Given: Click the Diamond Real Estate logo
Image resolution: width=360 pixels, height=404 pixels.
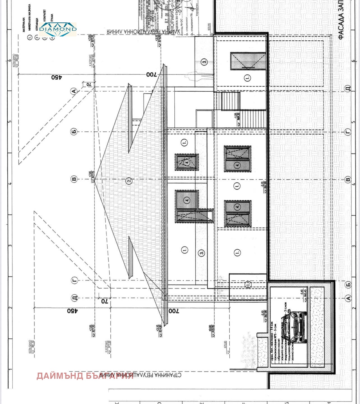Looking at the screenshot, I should point(58,29).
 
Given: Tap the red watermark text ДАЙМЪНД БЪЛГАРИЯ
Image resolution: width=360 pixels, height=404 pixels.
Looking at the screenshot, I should point(85,376).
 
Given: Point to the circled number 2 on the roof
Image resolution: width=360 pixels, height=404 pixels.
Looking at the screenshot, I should point(129,181).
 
